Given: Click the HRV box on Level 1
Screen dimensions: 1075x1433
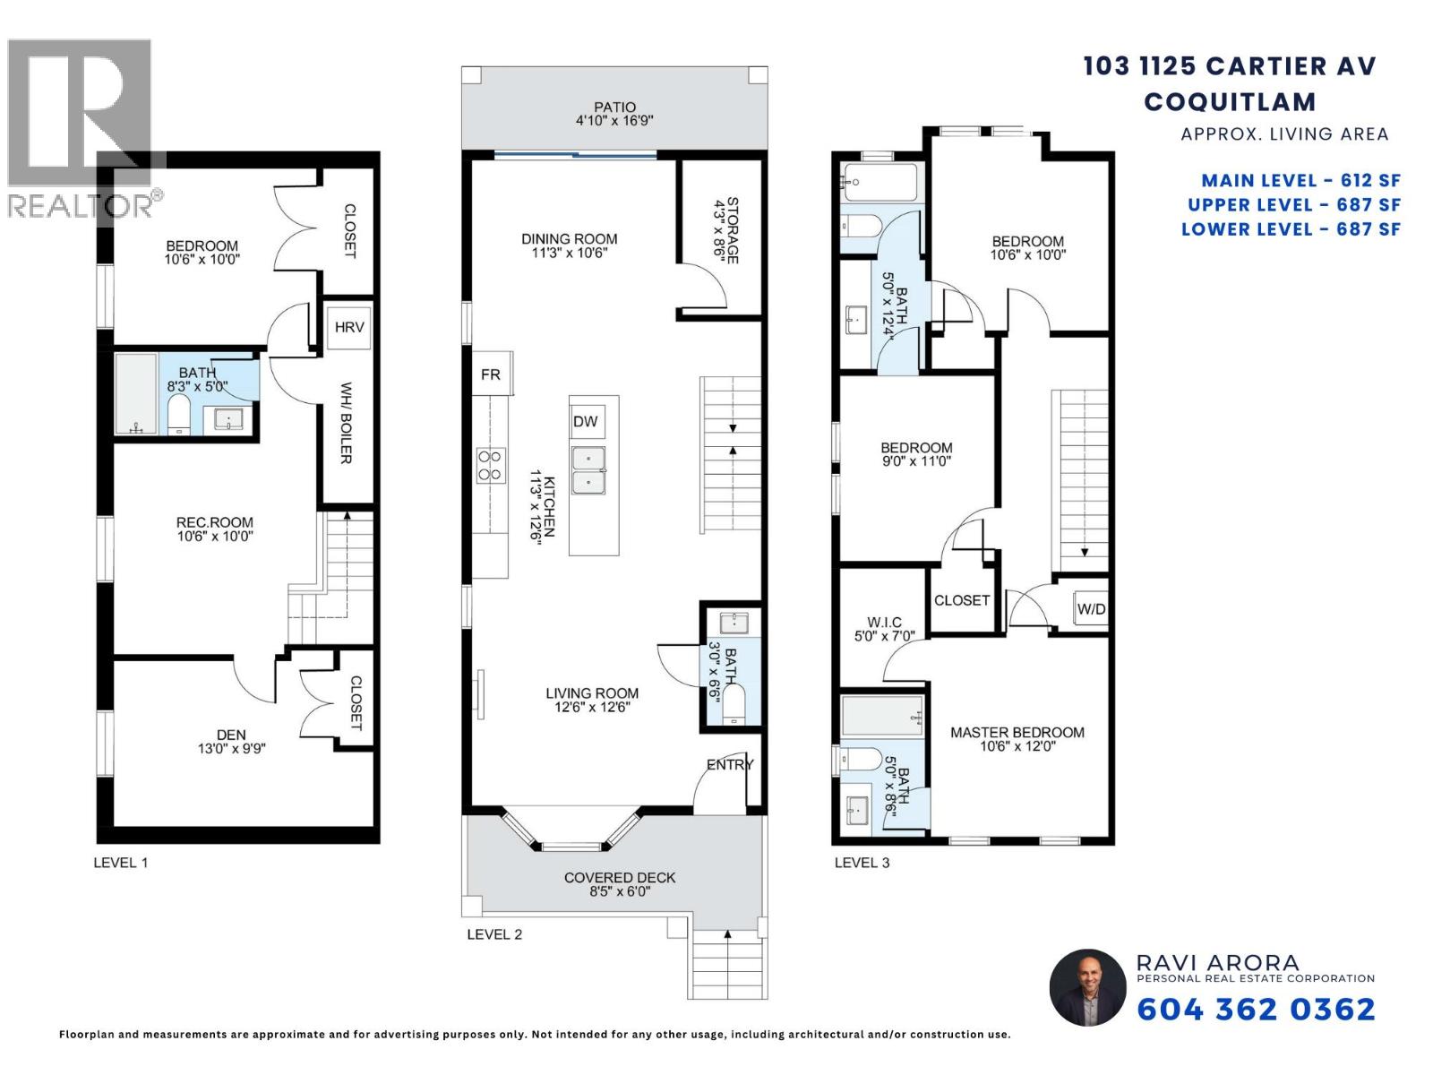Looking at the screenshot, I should point(349,328).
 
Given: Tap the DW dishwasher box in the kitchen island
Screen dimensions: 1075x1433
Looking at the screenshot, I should point(587,421).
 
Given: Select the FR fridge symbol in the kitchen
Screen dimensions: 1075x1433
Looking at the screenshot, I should point(491,374).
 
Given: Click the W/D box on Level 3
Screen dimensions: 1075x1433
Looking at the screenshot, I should point(1091,609).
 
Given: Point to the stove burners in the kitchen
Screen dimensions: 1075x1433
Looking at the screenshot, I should point(490,466).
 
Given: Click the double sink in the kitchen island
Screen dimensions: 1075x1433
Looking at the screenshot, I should point(588,470).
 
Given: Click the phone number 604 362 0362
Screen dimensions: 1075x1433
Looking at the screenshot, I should point(1256,1010).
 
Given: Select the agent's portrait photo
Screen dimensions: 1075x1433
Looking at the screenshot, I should point(1087,988).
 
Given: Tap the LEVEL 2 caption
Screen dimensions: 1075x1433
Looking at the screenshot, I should point(494,934).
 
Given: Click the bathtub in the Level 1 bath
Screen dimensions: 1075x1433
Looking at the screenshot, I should point(136,394).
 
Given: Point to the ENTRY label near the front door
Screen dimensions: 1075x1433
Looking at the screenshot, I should point(730,764).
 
